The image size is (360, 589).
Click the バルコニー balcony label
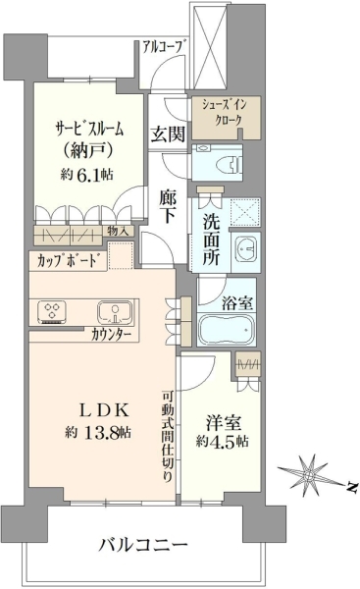click(x=143, y=544)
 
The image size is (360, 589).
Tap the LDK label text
click(x=106, y=410)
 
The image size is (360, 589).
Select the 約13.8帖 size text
click(x=99, y=433)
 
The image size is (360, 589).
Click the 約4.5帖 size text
click(x=223, y=441)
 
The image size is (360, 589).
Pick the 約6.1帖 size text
click(x=87, y=175)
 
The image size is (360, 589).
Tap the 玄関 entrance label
click(x=168, y=134)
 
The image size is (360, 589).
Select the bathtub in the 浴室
click(x=227, y=330)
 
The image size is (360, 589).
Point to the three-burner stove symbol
click(x=52, y=312)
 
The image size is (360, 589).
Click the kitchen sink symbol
click(x=115, y=312)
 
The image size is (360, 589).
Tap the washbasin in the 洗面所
click(x=246, y=248)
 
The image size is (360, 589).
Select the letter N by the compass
click(x=351, y=487)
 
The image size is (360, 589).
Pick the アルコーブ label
click(x=164, y=47)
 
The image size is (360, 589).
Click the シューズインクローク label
click(x=226, y=112)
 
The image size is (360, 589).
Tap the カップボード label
click(x=69, y=260)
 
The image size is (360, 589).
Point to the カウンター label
click(x=111, y=334)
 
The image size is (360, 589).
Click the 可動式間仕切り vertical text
click(x=167, y=436)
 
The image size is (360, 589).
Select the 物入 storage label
click(x=118, y=231)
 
